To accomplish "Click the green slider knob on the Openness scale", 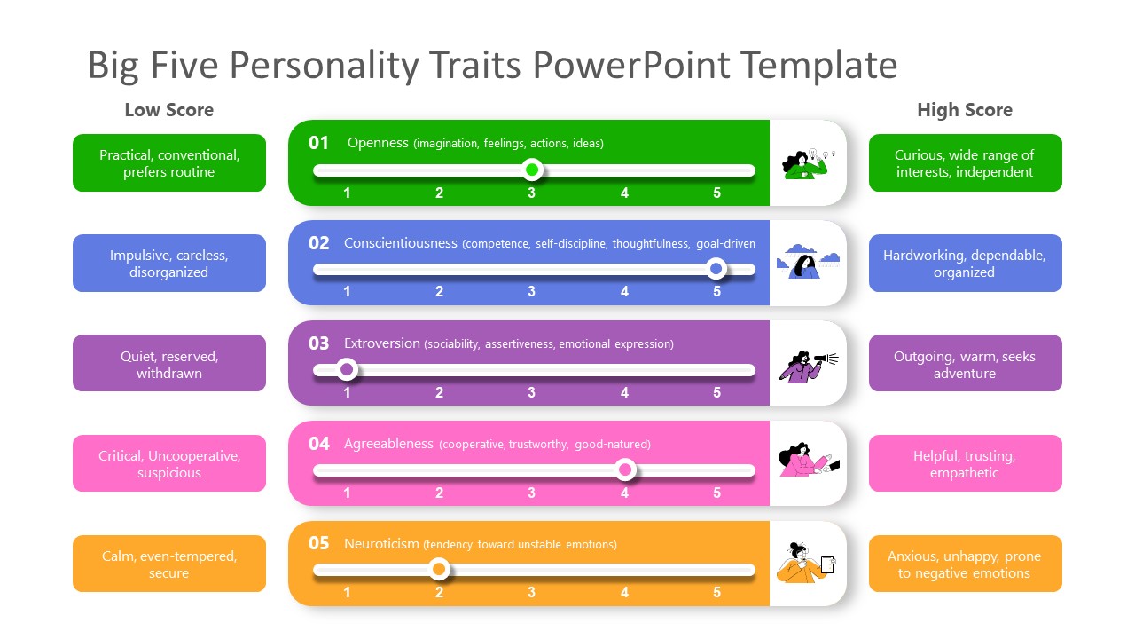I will pyautogui.click(x=532, y=170).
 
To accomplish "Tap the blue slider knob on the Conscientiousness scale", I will pyautogui.click(x=716, y=269).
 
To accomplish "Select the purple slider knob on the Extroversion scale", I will pyautogui.click(x=347, y=369).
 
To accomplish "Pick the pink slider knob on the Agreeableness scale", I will pyautogui.click(x=625, y=469).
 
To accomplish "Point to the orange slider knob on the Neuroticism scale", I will pyautogui.click(x=439, y=569).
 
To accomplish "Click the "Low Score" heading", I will pyautogui.click(x=168, y=110).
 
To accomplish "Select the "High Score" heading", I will pyautogui.click(x=964, y=110).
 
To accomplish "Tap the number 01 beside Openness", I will pyautogui.click(x=318, y=143).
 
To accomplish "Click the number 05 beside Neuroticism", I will pyautogui.click(x=318, y=543).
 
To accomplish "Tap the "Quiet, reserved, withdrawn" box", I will pyautogui.click(x=169, y=364).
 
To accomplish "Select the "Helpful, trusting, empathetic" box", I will pyautogui.click(x=965, y=463).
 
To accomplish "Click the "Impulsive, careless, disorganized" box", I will pyautogui.click(x=169, y=264).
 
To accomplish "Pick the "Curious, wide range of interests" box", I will pyautogui.click(x=965, y=163).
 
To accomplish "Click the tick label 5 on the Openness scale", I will pyautogui.click(x=717, y=193).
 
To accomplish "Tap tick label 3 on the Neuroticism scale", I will pyautogui.click(x=532, y=592).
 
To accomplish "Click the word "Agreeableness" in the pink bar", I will pyautogui.click(x=388, y=444).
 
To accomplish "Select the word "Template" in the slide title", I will pyautogui.click(x=818, y=66).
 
